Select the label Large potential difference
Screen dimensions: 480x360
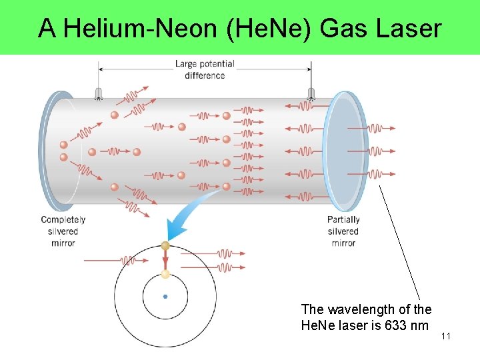[x=205, y=69]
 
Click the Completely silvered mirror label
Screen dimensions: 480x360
[x=63, y=231]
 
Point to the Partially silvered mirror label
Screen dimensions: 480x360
[x=343, y=231]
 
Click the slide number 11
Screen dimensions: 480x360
[x=446, y=336]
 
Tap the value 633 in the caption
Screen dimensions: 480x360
[x=384, y=326]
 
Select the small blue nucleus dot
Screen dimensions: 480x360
[x=165, y=297]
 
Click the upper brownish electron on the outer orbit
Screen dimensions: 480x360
[x=165, y=246]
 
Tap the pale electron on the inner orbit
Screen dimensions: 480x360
[x=165, y=273]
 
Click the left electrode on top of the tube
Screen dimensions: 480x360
[x=99, y=93]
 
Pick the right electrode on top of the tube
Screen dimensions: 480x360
[x=311, y=93]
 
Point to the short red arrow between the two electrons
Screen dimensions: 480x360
[x=165, y=260]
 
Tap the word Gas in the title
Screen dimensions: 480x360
[x=345, y=28]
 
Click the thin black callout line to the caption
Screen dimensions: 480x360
[x=400, y=243]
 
